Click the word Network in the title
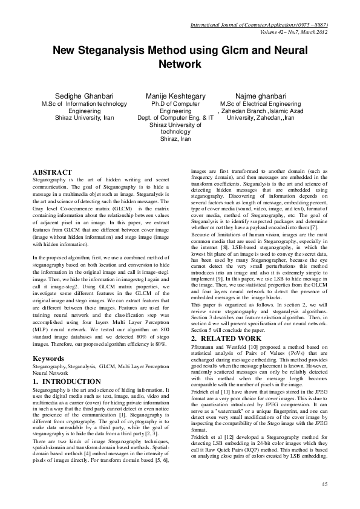point(180,63)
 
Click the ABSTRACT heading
point(52,172)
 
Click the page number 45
point(324,484)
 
